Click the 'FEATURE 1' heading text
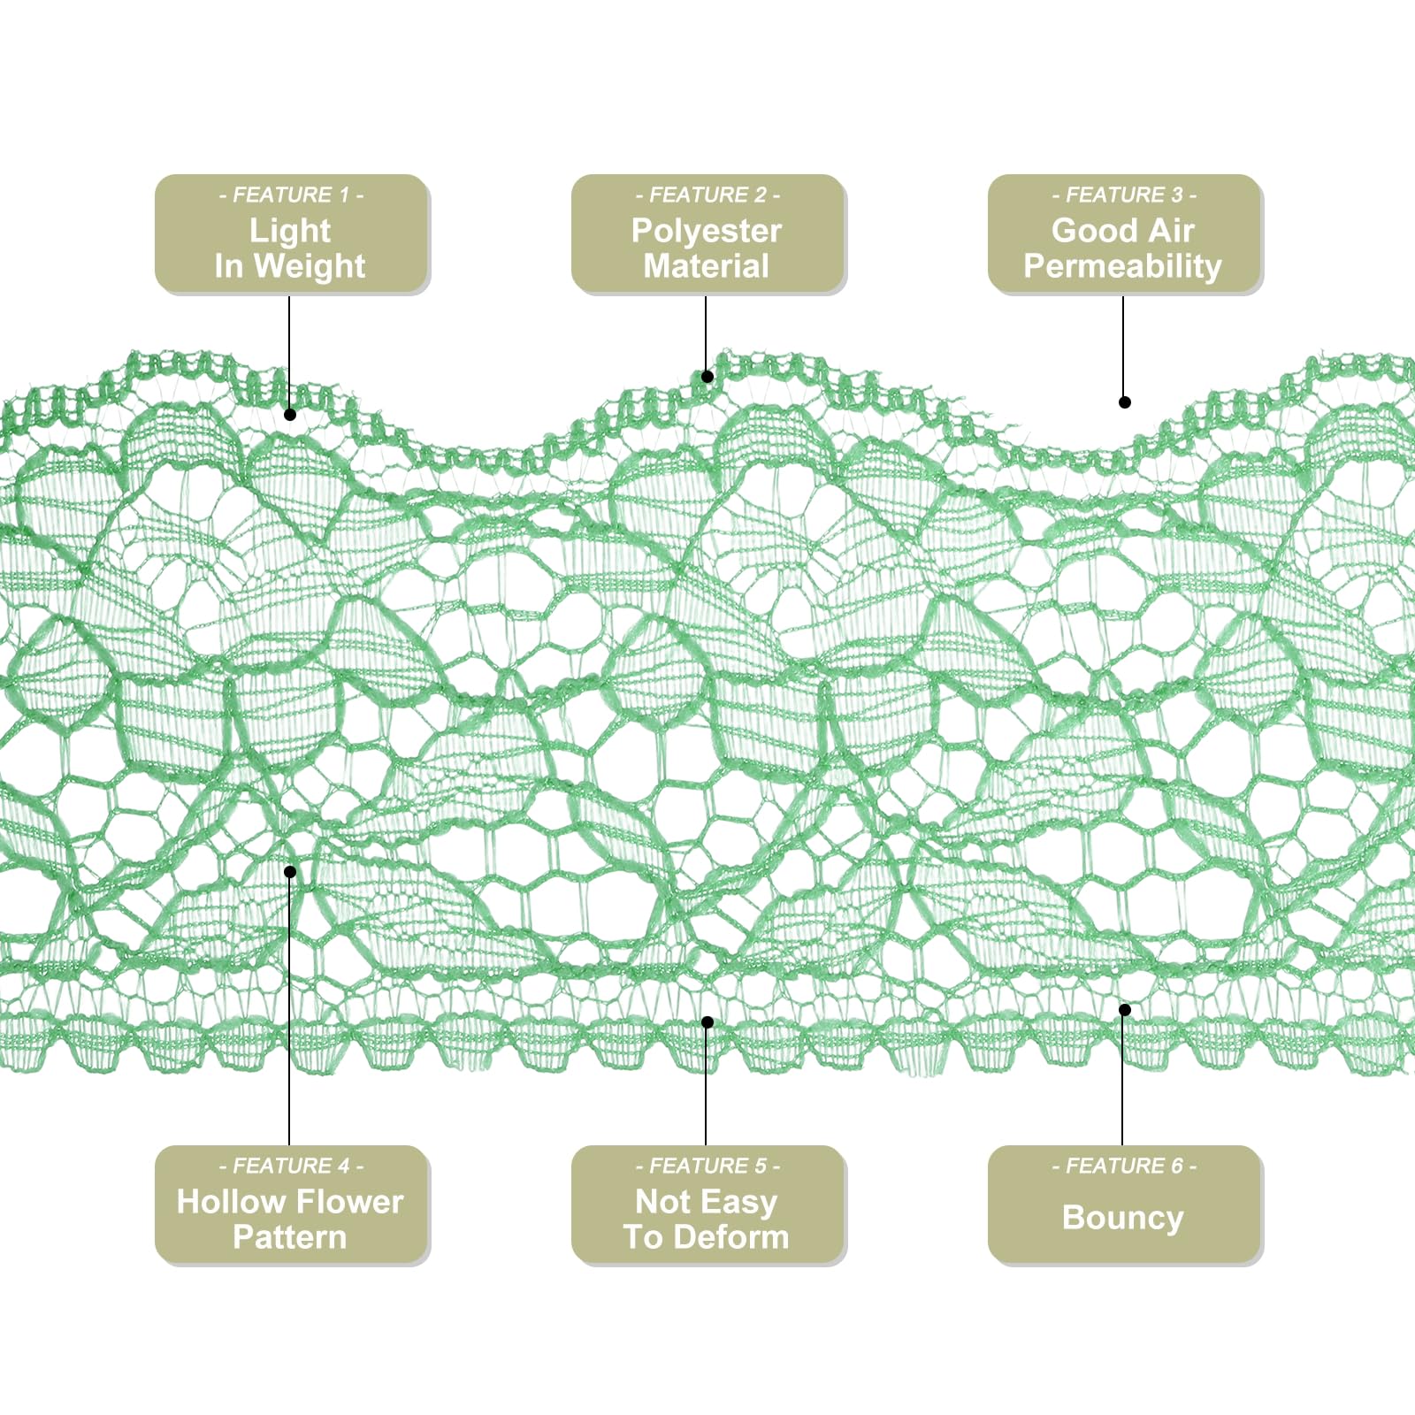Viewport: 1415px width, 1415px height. [x=291, y=195]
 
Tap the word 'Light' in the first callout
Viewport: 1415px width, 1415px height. [x=290, y=231]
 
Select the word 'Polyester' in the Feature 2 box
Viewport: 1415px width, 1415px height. [x=707, y=231]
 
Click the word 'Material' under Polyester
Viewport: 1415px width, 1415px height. [x=707, y=266]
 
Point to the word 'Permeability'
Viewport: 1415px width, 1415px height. [x=1123, y=266]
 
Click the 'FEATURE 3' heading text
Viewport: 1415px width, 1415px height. [x=1124, y=195]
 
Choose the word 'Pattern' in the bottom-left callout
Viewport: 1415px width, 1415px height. [x=290, y=1237]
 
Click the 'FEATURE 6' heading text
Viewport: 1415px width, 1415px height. [x=1124, y=1166]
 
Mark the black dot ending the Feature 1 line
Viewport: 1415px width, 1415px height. [x=290, y=414]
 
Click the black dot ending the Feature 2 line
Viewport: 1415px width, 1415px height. [x=707, y=377]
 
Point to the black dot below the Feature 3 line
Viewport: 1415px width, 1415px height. [x=1125, y=402]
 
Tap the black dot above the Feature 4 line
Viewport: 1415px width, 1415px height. [x=290, y=872]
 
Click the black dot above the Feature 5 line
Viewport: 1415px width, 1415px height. [x=707, y=1022]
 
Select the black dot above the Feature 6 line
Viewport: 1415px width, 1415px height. [x=1125, y=1010]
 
